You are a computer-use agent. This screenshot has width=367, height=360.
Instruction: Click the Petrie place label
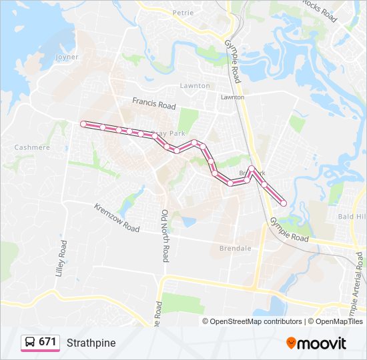[x=183, y=13]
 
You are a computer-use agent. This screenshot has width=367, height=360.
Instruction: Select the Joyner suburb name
[x=67, y=57]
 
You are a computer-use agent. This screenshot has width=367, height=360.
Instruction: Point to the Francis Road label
[x=153, y=103]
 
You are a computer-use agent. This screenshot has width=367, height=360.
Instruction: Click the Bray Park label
[x=169, y=133]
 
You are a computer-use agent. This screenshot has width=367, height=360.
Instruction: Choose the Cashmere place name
[x=32, y=147]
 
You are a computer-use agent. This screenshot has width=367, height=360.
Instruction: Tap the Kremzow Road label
[x=117, y=218]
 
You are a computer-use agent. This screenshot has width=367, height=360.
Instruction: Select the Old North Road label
[x=164, y=235]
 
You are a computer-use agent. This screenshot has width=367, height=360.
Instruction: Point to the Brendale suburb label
[x=235, y=249]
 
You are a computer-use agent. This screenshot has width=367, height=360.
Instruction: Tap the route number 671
[x=47, y=342]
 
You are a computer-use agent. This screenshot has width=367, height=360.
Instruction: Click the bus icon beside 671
[x=31, y=342]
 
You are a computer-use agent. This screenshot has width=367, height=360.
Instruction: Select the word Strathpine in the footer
[x=91, y=343]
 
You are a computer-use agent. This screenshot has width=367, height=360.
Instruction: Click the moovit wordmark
[x=322, y=343]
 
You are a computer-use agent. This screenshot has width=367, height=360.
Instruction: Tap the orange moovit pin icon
[x=291, y=343]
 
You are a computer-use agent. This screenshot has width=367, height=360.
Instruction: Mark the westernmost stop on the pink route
[x=83, y=123]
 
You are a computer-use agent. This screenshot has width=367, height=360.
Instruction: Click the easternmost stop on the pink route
[x=284, y=203]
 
